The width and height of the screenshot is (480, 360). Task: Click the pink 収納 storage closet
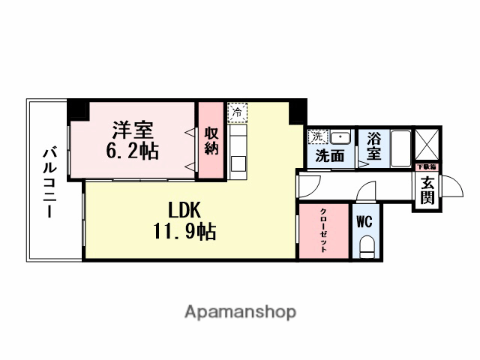click(x=211, y=141)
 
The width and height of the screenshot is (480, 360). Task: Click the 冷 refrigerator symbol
click(x=237, y=112)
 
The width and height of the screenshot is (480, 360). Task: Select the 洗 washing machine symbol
click(x=318, y=137)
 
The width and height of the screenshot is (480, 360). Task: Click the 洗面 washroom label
click(x=329, y=157)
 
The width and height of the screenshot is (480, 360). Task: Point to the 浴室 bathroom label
click(x=373, y=146)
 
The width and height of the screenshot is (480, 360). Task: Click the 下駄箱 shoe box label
click(x=426, y=166)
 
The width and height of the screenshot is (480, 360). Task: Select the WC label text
click(x=364, y=222)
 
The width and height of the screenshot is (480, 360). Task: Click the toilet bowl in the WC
click(x=366, y=245)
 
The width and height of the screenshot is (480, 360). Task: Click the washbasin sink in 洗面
click(x=341, y=138)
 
